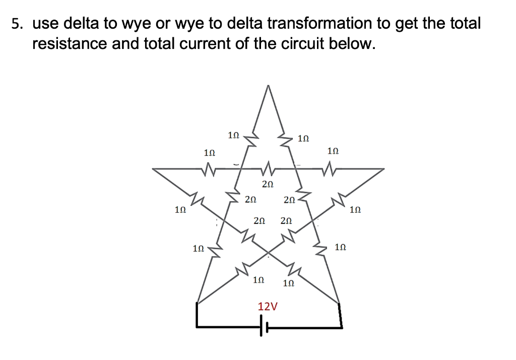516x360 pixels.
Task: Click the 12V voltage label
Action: (x=268, y=307)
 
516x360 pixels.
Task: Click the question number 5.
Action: (x=17, y=24)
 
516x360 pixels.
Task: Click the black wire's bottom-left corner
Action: (x=197, y=326)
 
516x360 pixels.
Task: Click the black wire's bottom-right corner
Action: (x=342, y=326)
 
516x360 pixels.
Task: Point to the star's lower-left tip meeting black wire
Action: (x=197, y=304)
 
